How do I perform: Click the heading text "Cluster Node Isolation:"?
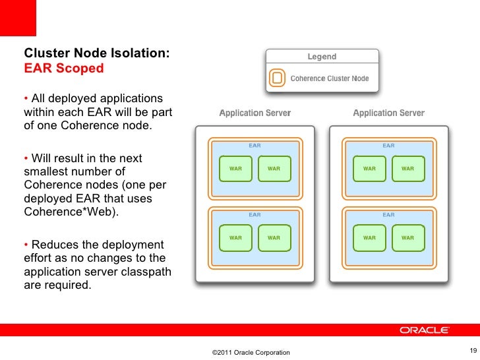pyautogui.click(x=97, y=53)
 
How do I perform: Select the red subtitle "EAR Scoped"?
pyautogui.click(x=64, y=68)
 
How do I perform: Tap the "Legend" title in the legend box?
pyautogui.click(x=322, y=57)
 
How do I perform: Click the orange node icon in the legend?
pyautogui.click(x=278, y=78)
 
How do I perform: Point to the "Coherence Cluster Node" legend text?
pyautogui.click(x=330, y=78)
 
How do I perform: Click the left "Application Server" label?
pyautogui.click(x=255, y=113)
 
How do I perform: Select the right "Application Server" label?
pyautogui.click(x=388, y=113)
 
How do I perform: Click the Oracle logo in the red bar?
pyautogui.click(x=425, y=330)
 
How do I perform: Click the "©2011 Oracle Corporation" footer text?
pyautogui.click(x=251, y=353)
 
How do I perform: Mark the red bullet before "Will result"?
pyautogui.click(x=26, y=158)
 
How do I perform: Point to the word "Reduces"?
pyautogui.click(x=56, y=245)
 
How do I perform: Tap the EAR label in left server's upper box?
pyautogui.click(x=255, y=146)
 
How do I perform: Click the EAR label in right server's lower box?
pyautogui.click(x=388, y=215)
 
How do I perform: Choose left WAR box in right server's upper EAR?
pyautogui.click(x=369, y=169)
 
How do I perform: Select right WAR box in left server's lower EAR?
pyautogui.click(x=274, y=237)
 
